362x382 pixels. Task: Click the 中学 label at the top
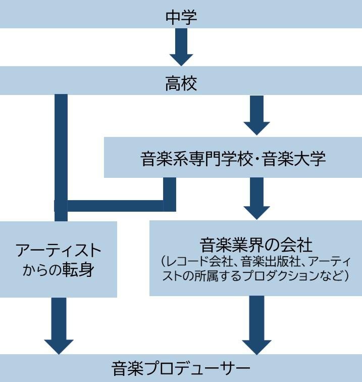click(181, 17)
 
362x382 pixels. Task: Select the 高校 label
click(181, 83)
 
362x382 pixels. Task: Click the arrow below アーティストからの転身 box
click(59, 326)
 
